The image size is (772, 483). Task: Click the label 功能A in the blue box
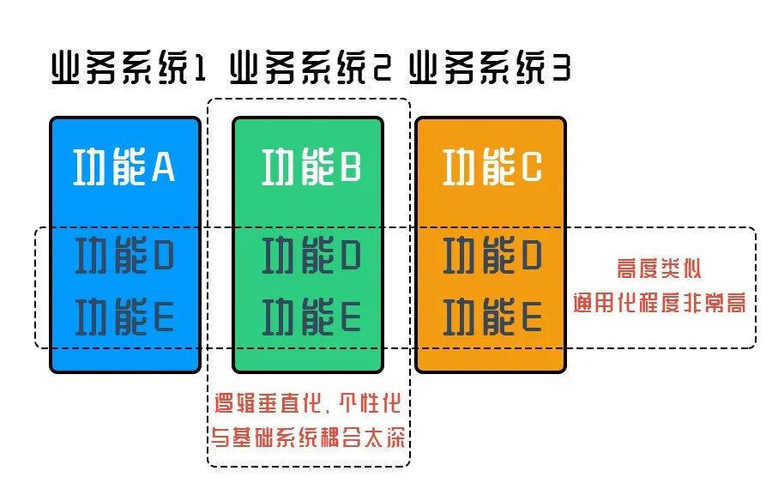point(125,168)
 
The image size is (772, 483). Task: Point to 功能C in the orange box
point(492,168)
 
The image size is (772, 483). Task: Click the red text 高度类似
point(659,269)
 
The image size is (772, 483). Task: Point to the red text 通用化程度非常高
point(659,303)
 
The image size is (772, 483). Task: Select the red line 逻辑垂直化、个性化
point(310,402)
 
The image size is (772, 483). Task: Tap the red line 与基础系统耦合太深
point(310,438)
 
